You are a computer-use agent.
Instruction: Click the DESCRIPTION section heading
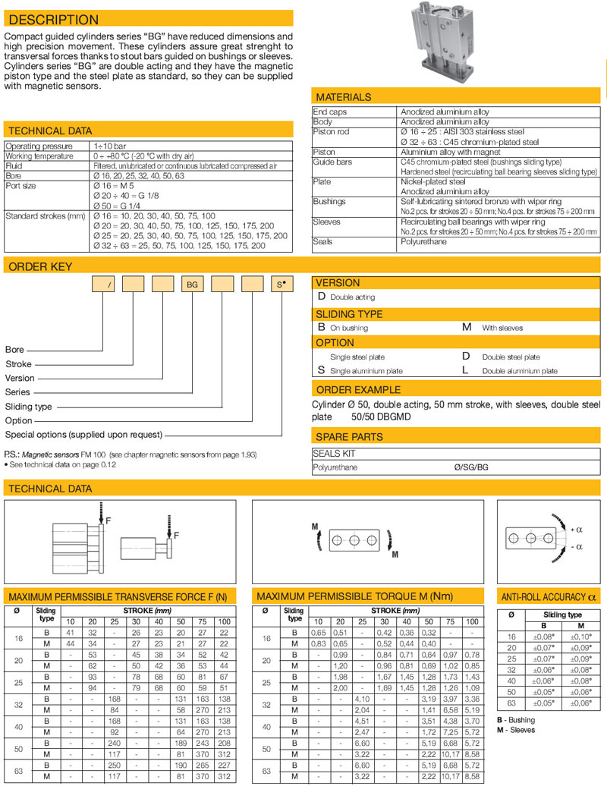point(52,20)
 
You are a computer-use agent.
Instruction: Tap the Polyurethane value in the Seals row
point(423,241)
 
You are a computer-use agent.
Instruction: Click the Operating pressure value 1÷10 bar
point(111,146)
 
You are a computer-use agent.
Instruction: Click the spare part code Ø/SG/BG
point(471,467)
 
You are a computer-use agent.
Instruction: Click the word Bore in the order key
point(15,350)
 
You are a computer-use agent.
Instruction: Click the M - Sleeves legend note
point(516,730)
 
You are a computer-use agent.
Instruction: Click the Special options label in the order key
point(84,435)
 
